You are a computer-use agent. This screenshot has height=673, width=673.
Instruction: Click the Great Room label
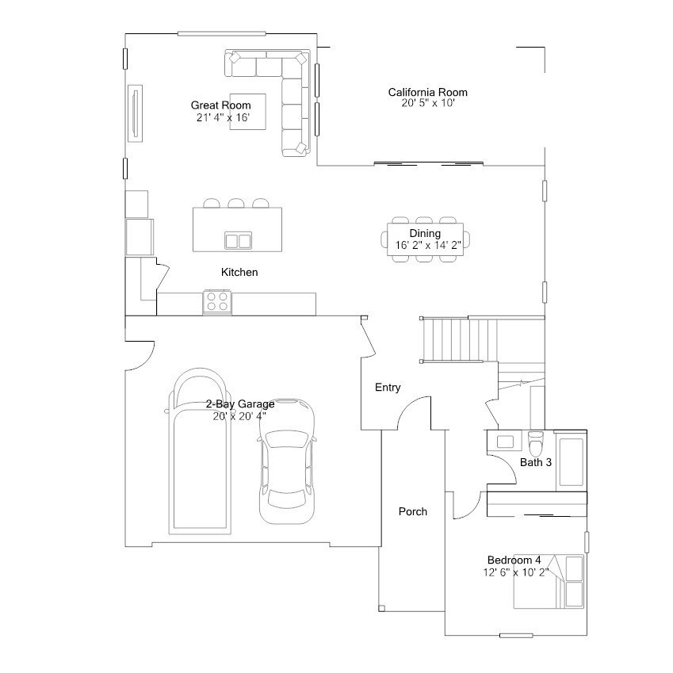[220, 105]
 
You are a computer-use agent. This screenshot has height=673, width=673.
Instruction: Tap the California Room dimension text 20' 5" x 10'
[428, 103]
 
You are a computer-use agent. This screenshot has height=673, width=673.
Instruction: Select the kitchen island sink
[239, 241]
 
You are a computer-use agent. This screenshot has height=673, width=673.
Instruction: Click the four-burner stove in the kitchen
[217, 302]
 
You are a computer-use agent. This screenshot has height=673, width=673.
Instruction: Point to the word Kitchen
[239, 272]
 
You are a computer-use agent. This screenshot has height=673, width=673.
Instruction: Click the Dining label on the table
[425, 233]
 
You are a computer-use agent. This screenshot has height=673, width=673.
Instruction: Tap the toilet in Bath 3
[536, 443]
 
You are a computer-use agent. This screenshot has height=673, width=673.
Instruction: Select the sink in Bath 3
[505, 442]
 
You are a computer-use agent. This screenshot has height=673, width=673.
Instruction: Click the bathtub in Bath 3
[572, 462]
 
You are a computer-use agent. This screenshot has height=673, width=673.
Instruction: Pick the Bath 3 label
[536, 462]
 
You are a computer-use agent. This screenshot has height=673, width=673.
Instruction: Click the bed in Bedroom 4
[549, 582]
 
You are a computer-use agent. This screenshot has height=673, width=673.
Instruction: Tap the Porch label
[413, 511]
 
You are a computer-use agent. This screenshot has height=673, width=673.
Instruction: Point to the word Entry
[388, 388]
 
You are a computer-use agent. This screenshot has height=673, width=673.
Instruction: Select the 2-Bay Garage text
[240, 404]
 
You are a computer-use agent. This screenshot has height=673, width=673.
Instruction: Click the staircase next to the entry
[459, 340]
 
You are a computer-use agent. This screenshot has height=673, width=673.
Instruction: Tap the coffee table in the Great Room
[247, 112]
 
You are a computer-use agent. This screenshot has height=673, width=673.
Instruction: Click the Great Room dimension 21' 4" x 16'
[224, 117]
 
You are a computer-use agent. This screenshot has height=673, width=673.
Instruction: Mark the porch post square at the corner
[381, 608]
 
